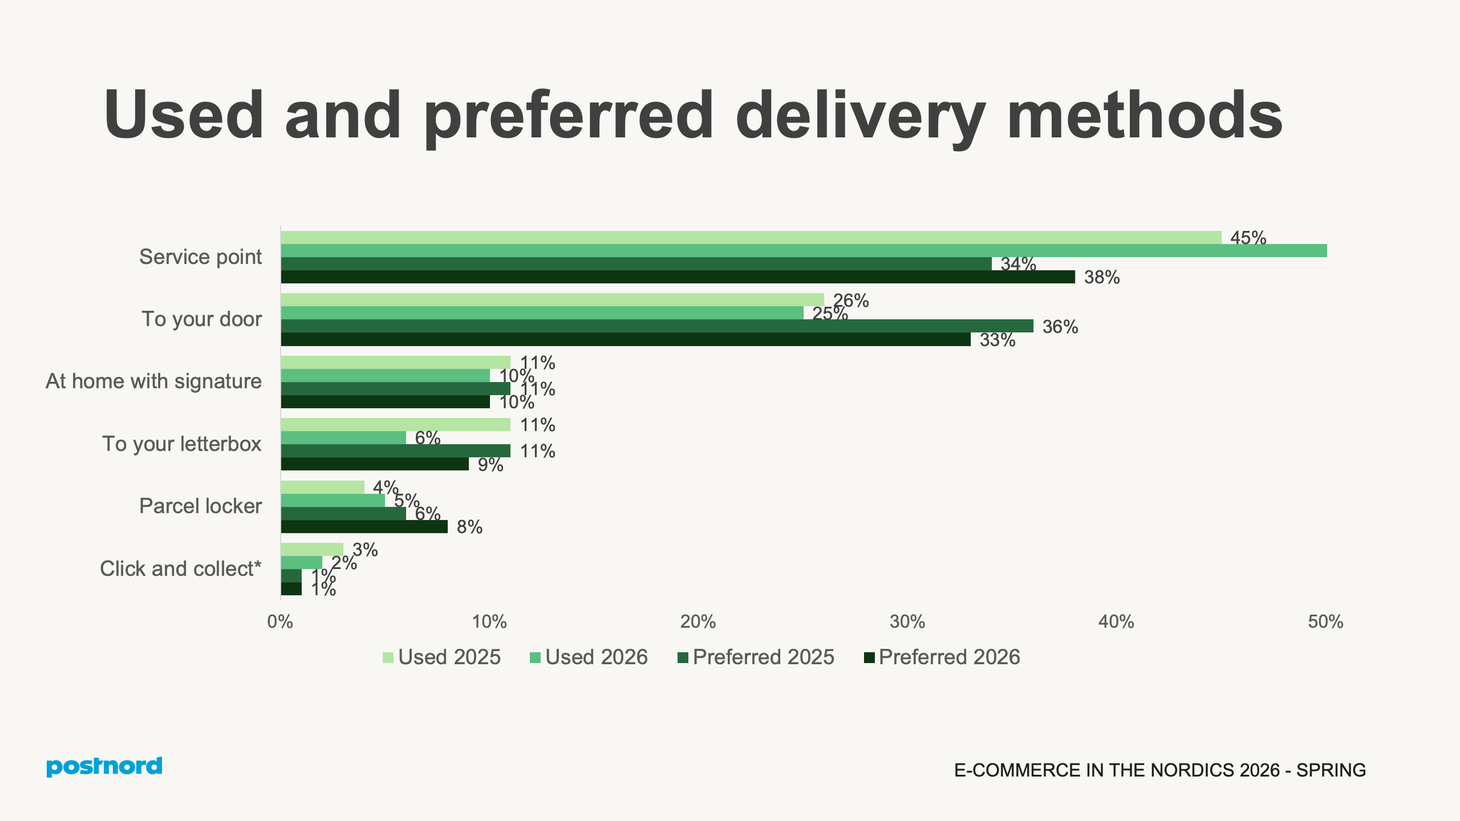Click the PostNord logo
tap(104, 766)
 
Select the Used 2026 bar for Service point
tap(798, 251)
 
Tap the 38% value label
tap(1101, 278)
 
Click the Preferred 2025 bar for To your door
tap(656, 326)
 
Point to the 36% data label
tap(1060, 327)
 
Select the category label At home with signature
tap(153, 381)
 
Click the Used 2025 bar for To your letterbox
tap(395, 425)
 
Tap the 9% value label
tap(490, 465)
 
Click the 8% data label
tap(469, 527)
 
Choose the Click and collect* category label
tap(180, 569)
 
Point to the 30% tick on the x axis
tap(907, 622)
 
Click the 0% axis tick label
tap(280, 622)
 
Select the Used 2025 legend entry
tap(441, 657)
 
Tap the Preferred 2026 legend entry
tap(942, 657)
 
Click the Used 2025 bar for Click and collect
tap(312, 549)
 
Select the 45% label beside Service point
tap(1248, 238)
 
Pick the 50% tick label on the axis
tap(1325, 622)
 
